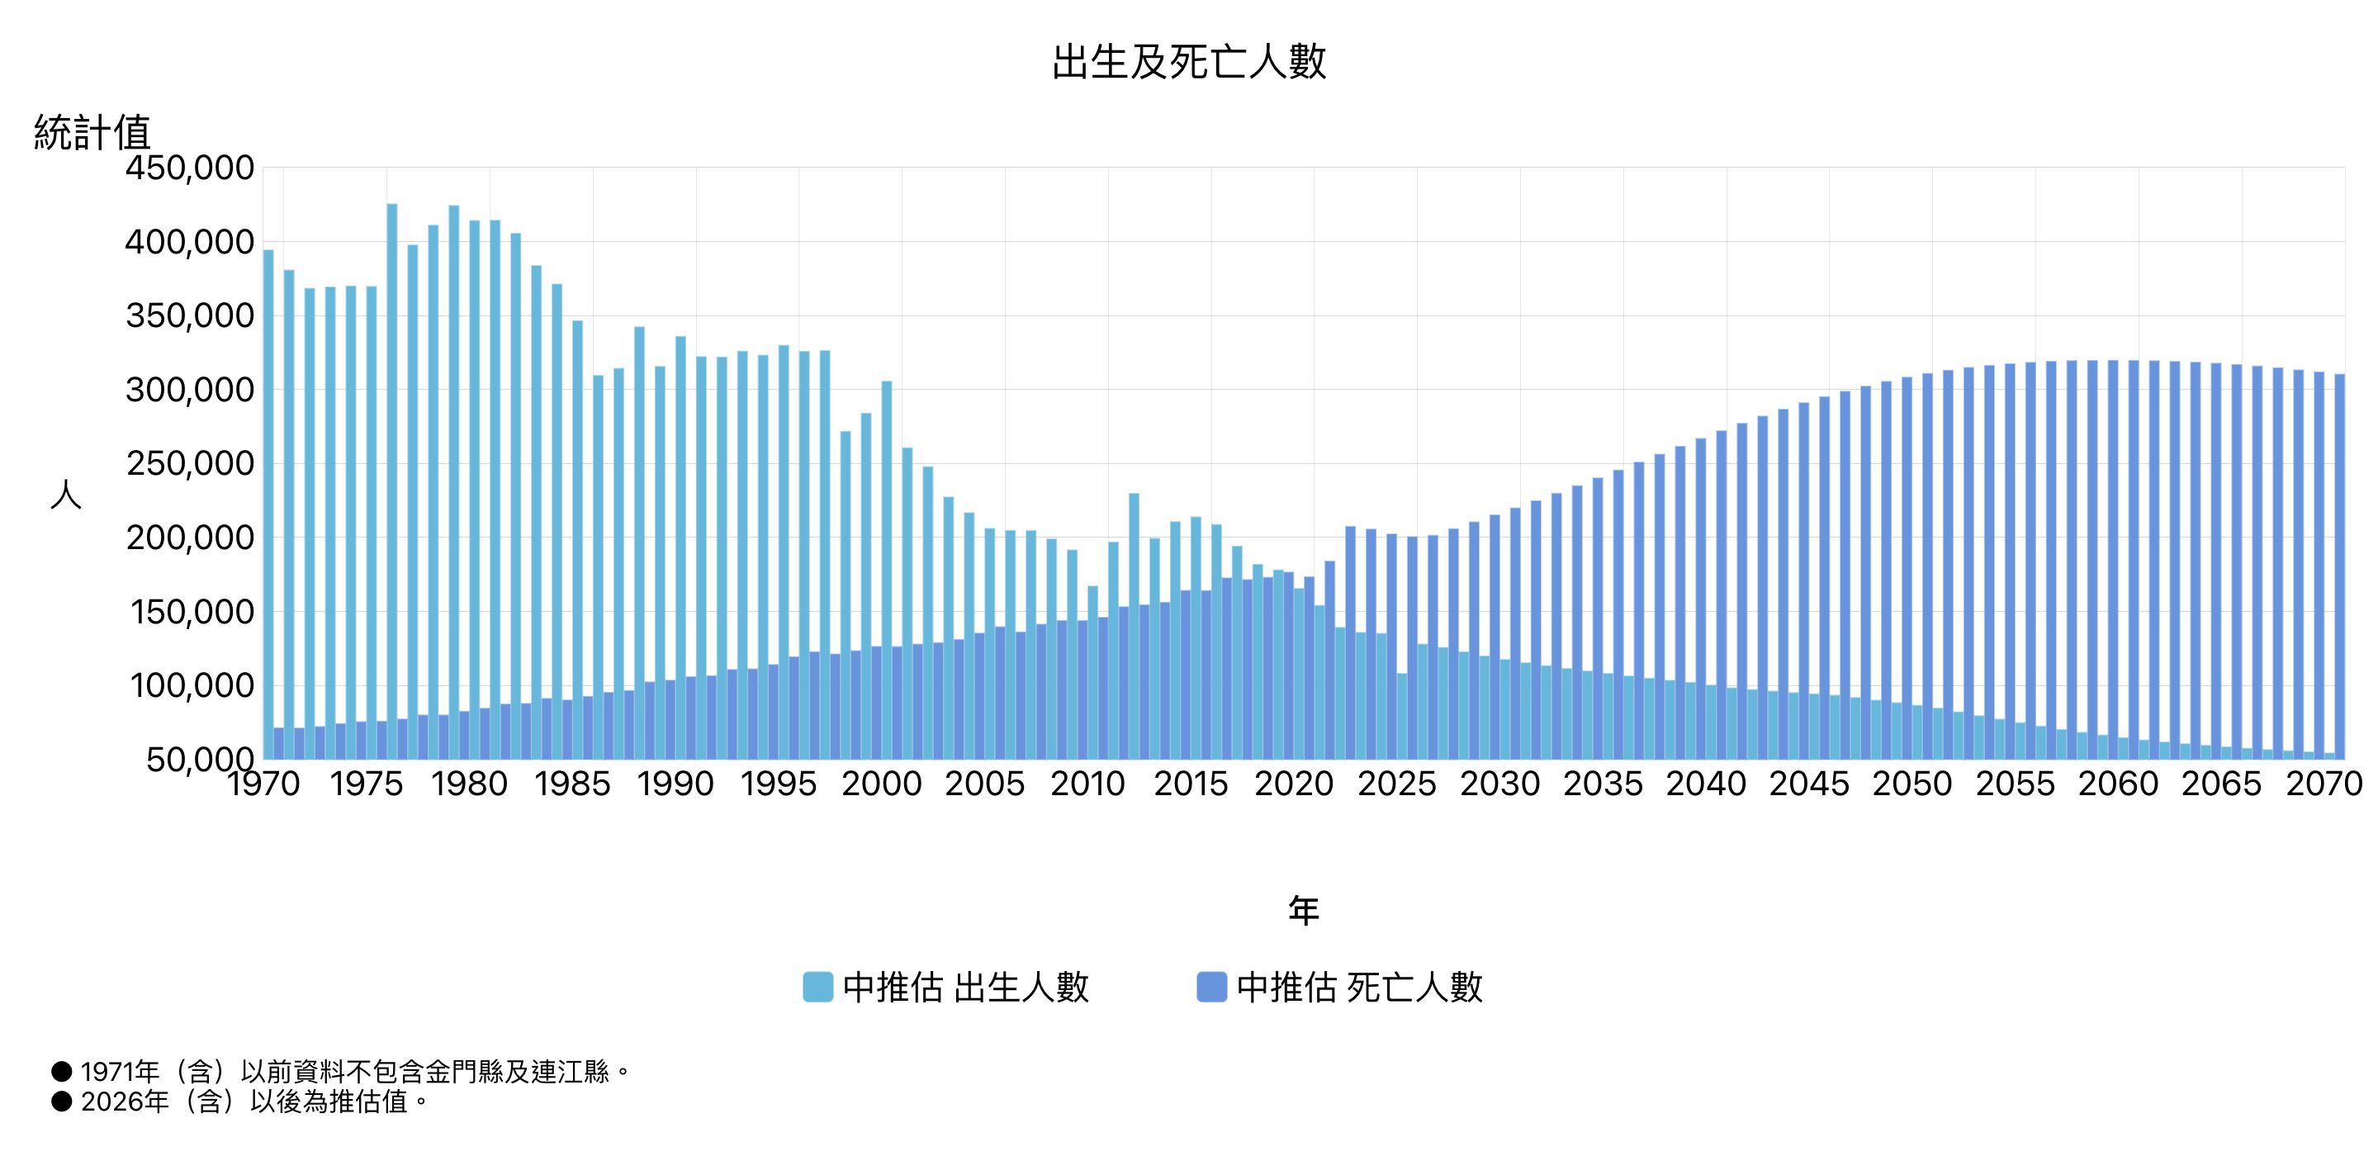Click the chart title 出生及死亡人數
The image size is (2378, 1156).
click(1189, 62)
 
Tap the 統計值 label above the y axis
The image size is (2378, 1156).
click(92, 132)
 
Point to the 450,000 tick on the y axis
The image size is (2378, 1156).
click(189, 168)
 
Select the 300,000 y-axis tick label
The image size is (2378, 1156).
click(189, 390)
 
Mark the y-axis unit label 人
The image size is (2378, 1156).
click(65, 495)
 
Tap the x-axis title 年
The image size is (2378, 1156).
click(1303, 911)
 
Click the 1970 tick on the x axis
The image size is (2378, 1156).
click(264, 784)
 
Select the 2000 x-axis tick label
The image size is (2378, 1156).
click(882, 784)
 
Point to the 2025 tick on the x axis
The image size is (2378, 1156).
click(1397, 784)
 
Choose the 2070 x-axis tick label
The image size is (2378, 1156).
click(2323, 784)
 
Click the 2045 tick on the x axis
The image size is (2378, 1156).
click(1808, 784)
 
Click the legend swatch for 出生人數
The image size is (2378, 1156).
click(818, 987)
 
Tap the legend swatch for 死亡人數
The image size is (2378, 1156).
click(1211, 987)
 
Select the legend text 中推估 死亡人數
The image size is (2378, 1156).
click(1359, 987)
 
